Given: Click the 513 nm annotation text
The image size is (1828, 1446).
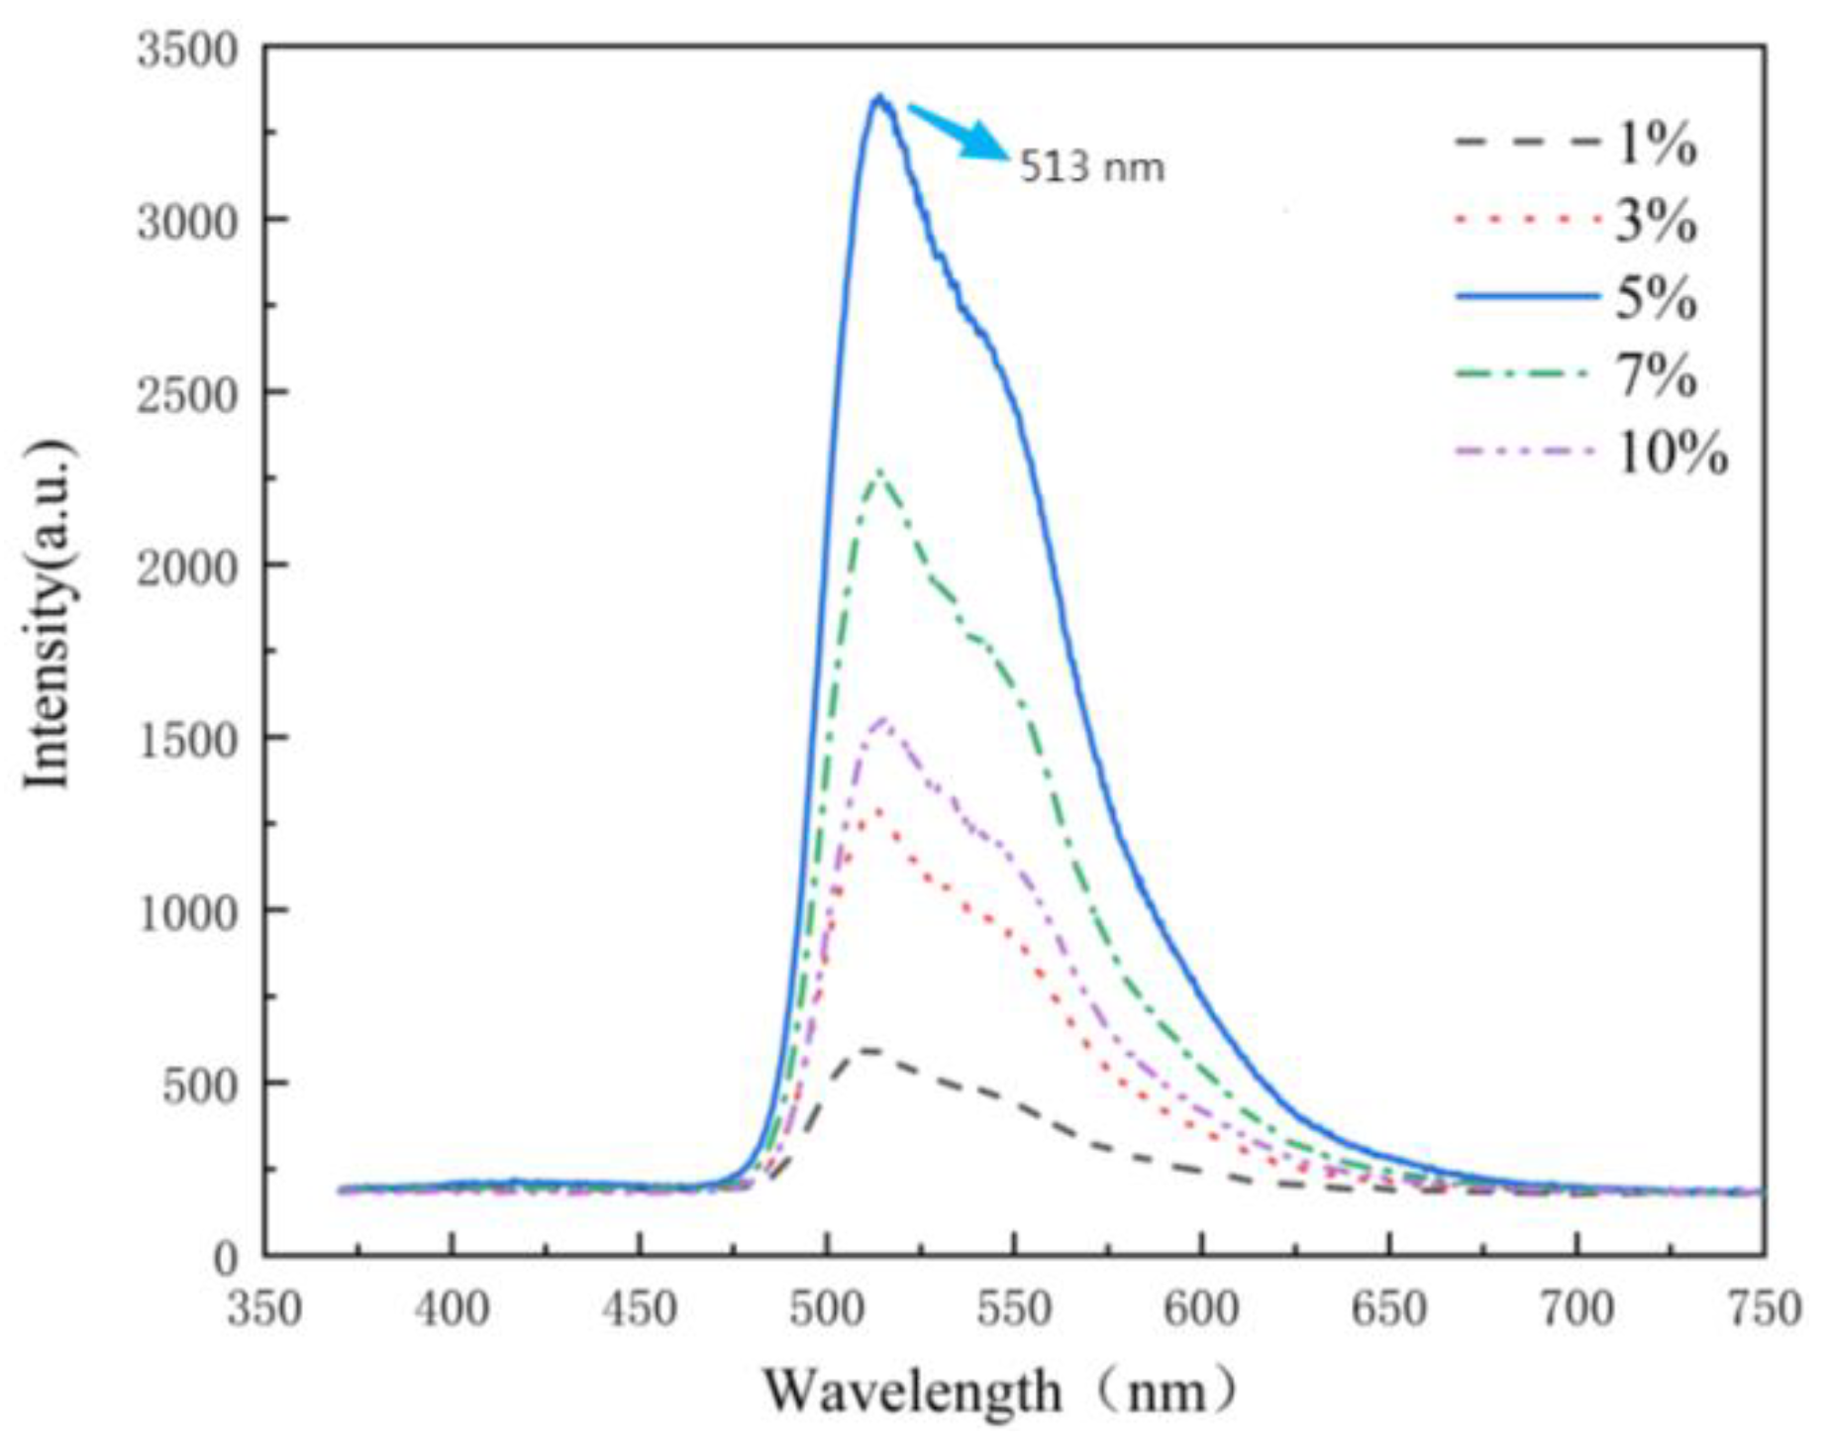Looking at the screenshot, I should [1091, 167].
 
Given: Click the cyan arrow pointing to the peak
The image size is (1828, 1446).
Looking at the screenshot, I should [960, 132].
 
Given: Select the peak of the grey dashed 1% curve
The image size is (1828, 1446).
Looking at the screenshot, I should [868, 1049].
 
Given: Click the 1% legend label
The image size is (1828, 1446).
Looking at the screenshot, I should [1656, 145].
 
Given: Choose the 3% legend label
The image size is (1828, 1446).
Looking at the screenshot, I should [1656, 221].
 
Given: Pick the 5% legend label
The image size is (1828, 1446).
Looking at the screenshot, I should [1656, 298].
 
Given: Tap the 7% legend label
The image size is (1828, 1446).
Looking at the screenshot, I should [1656, 376].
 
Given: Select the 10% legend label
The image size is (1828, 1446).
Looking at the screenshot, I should [1672, 455].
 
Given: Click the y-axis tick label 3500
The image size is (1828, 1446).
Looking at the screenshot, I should [187, 50].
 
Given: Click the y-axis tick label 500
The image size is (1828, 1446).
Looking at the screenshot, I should [201, 1086].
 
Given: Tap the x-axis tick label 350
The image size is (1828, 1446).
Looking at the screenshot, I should [264, 1309].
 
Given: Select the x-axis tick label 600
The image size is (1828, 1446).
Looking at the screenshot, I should [1200, 1309].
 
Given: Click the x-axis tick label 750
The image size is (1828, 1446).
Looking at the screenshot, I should [1764, 1309].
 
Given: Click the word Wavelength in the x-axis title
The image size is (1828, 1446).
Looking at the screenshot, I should [912, 1392].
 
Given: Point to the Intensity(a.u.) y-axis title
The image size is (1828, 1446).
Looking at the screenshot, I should [50, 614].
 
